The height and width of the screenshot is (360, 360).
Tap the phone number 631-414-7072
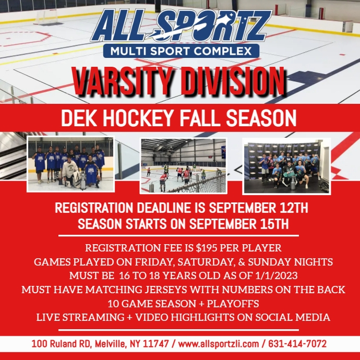(x=297, y=344)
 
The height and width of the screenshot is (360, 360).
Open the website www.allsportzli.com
(x=219, y=344)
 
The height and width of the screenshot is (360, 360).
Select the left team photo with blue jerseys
(x=70, y=164)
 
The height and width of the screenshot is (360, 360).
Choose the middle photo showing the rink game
(x=183, y=165)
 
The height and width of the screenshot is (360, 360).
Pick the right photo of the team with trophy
(x=286, y=165)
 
